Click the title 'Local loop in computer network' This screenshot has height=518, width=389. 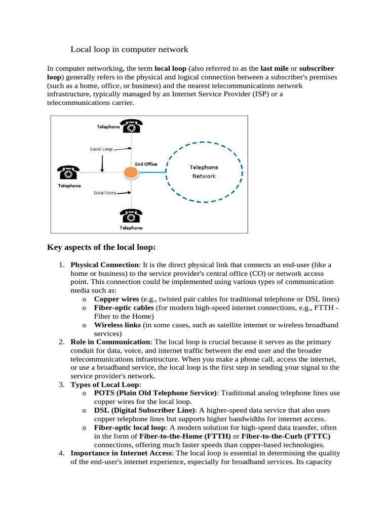[129, 50]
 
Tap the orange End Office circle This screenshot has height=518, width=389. [131, 172]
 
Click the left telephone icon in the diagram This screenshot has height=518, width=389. [68, 172]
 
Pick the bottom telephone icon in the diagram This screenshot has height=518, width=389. [131, 216]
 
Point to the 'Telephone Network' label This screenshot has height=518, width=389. [204, 171]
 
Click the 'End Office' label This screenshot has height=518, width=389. [146, 164]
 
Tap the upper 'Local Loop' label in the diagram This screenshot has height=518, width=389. [101, 149]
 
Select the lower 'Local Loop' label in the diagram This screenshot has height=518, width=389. [104, 193]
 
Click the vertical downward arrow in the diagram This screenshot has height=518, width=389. [103, 163]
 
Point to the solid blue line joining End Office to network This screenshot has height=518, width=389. [152, 172]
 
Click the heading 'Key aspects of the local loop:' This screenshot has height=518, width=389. [101, 247]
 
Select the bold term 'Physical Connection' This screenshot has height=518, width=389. [104, 265]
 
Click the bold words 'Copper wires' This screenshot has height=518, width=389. [116, 299]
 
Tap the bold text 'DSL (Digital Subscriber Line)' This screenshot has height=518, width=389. [144, 410]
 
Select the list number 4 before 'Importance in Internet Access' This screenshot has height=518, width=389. [61, 453]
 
